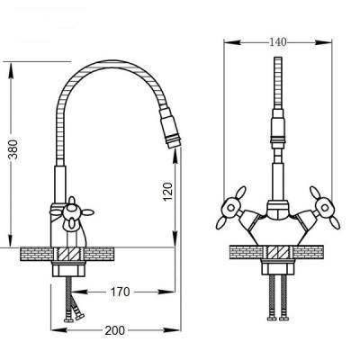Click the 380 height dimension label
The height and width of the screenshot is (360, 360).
click(13, 149)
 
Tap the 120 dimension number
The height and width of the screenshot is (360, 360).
click(168, 192)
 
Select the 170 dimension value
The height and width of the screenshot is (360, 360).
click(121, 292)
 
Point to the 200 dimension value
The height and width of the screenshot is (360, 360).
click(114, 330)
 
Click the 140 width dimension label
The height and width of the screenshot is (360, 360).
click(277, 42)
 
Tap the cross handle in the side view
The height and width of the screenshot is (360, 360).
click(71, 213)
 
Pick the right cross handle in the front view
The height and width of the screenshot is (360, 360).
click(324, 208)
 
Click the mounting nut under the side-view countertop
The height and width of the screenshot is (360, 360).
click(68, 268)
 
